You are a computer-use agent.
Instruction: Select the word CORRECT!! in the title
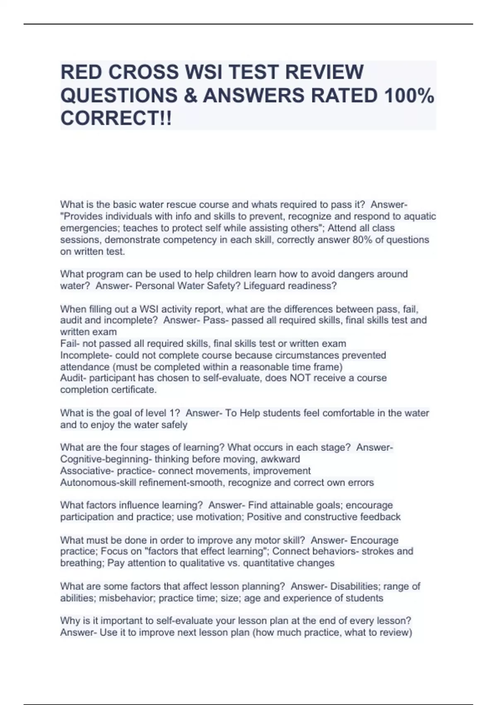coord(116,119)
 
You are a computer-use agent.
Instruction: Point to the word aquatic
coord(420,216)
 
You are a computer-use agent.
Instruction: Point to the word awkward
coord(283,459)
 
